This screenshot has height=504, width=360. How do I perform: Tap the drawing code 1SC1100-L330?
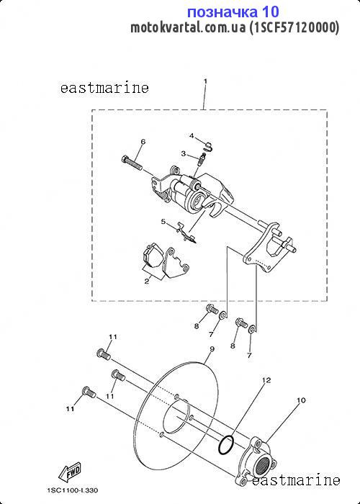73,490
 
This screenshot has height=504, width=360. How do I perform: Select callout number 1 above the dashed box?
205,81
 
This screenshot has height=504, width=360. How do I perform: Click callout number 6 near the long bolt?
143,142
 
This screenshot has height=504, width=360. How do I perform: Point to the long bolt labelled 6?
132,163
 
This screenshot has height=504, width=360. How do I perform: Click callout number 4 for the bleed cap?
192,135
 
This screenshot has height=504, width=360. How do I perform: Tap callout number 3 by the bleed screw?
183,153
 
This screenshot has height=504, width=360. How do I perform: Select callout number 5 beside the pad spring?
163,222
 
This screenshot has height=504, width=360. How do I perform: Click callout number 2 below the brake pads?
147,282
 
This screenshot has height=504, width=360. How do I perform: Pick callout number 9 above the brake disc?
211,349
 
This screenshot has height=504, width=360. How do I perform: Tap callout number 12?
266,380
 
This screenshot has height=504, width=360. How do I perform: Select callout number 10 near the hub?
301,400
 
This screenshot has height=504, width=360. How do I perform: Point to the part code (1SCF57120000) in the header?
294,28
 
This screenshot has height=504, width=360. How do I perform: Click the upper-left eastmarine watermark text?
104,88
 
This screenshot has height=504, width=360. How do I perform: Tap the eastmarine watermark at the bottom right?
296,480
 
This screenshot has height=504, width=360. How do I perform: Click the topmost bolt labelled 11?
103,354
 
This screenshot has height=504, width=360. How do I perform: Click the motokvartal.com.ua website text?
188,28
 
